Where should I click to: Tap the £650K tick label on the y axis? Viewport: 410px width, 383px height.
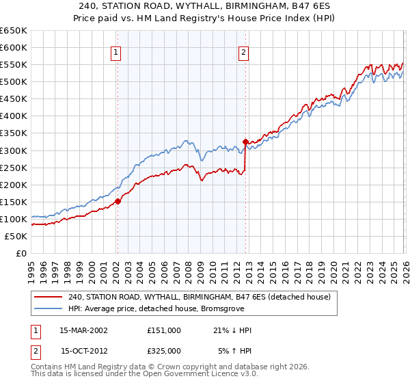click(14, 31)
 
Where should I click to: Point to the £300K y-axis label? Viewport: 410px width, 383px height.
click(14, 150)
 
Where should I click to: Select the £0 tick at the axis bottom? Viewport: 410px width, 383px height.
click(21, 253)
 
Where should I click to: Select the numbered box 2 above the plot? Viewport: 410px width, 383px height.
click(244, 51)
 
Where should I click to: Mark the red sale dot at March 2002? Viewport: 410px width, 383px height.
click(118, 201)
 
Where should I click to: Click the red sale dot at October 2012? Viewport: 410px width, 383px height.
click(245, 142)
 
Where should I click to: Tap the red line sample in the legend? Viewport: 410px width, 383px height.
click(48, 298)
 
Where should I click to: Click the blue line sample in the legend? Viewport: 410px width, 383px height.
click(48, 308)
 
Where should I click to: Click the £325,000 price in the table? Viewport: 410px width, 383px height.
click(164, 351)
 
